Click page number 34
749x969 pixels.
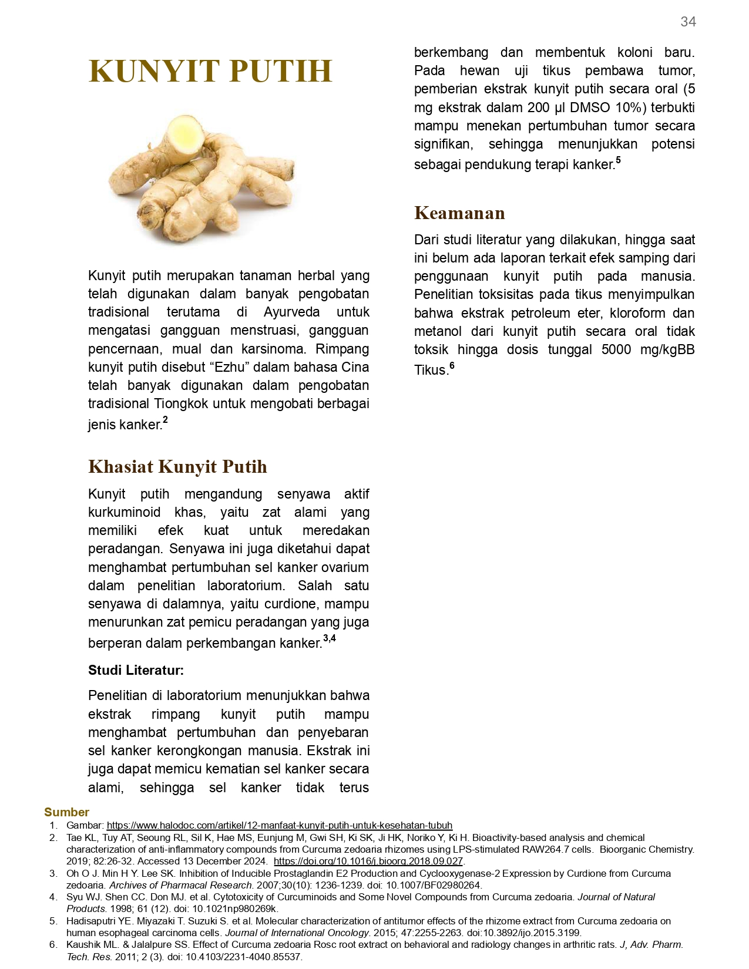coord(688,22)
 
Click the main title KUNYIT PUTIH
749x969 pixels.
coord(210,71)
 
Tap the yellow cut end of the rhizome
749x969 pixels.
coord(184,134)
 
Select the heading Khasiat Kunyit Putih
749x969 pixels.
coord(177,466)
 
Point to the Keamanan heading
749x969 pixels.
coord(459,213)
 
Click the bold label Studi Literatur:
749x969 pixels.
coord(136,670)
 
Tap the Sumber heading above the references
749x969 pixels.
coord(66,812)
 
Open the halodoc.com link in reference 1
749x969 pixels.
coord(279,825)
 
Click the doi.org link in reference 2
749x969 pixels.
coord(368,861)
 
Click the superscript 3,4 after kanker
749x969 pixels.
coord(330,638)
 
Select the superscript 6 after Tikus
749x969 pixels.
coord(452,366)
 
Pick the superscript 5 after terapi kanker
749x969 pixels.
coord(618,160)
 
